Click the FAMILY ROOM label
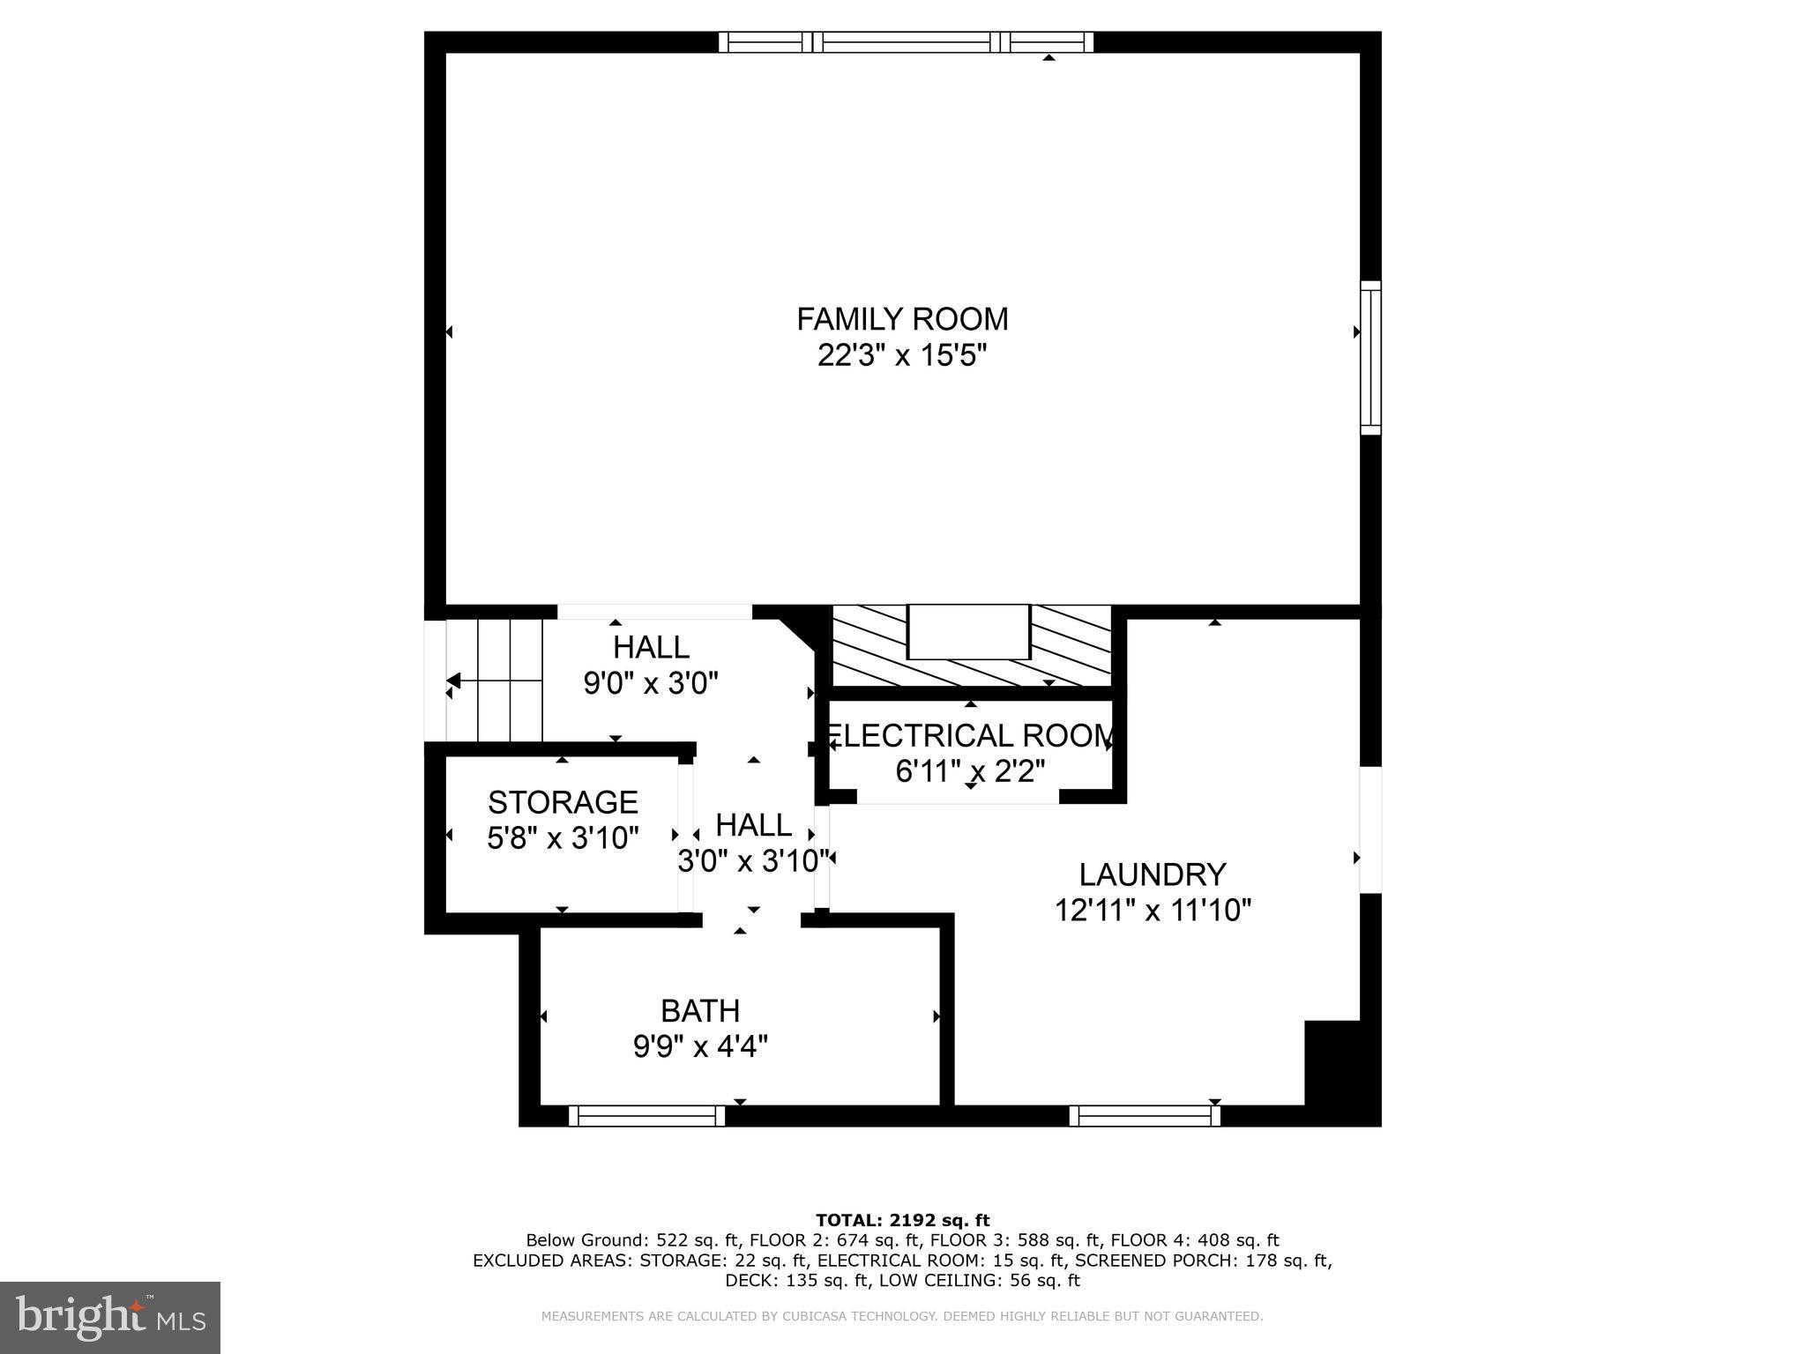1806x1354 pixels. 902,318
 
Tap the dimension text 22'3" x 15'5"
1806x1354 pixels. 902,356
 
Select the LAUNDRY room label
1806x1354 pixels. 1153,874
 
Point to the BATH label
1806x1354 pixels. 700,1010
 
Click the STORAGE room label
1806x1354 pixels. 563,802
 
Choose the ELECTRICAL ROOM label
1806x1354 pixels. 970,735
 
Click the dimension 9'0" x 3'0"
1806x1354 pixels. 651,683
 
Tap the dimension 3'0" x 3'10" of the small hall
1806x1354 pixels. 753,861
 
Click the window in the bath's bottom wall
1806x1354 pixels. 646,1116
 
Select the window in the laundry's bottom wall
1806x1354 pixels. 1145,1116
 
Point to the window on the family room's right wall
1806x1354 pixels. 1370,358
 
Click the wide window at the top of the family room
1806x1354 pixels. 906,42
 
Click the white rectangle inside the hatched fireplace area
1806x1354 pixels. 968,632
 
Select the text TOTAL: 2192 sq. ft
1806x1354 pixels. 902,1221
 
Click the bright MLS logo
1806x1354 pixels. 110,1317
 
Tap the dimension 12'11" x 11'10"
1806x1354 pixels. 1153,910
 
